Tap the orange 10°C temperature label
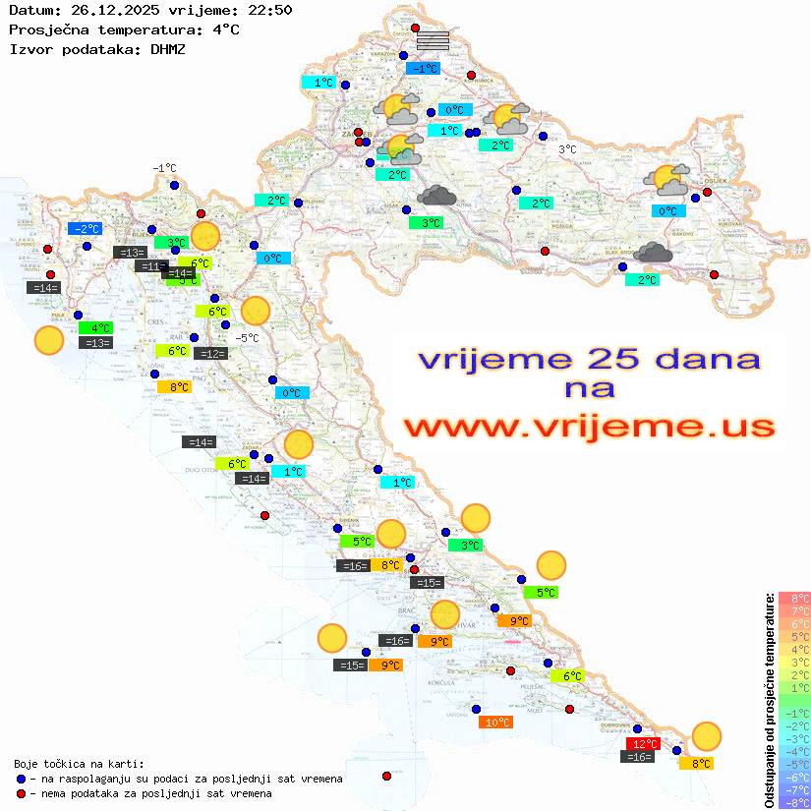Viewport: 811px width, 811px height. (x=495, y=722)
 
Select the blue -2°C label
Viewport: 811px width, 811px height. (x=87, y=229)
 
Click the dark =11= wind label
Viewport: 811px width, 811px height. (x=150, y=265)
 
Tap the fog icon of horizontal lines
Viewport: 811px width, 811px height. (x=433, y=40)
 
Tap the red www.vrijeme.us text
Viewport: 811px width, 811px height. (x=588, y=428)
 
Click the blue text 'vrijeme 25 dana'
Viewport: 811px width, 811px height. (x=588, y=358)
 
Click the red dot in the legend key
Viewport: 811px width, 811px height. (x=22, y=793)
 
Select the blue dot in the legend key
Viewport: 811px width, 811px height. (x=22, y=779)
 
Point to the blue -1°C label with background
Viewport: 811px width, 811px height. (x=423, y=69)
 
